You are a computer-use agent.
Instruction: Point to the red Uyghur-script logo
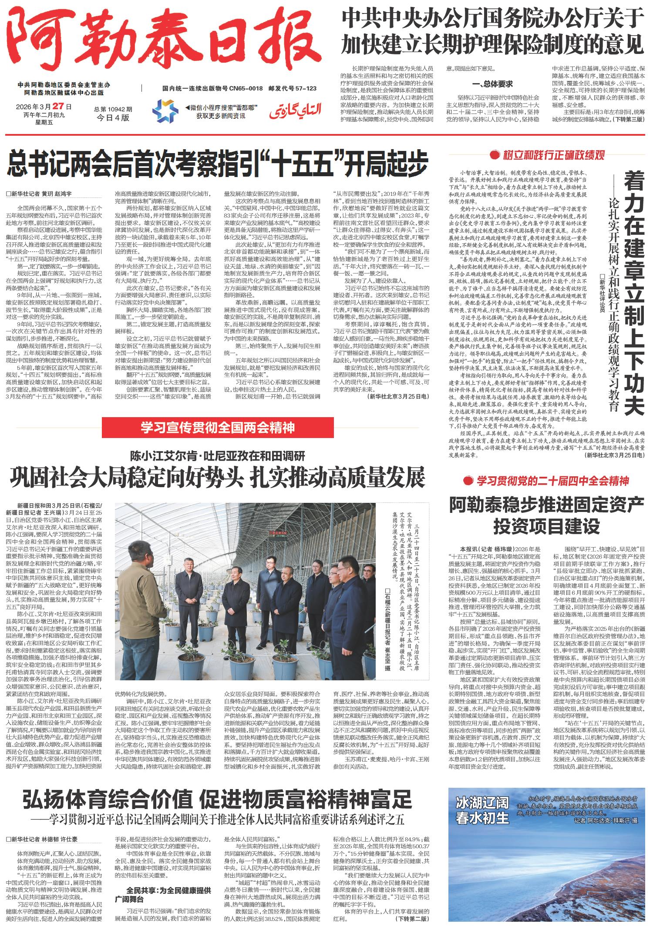tap(294, 110)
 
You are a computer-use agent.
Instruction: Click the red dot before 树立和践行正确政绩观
tap(494, 154)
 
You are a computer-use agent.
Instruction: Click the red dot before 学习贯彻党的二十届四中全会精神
tap(468, 481)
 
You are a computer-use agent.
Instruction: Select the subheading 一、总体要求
tap(492, 84)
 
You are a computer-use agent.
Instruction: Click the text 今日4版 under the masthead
tap(113, 117)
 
